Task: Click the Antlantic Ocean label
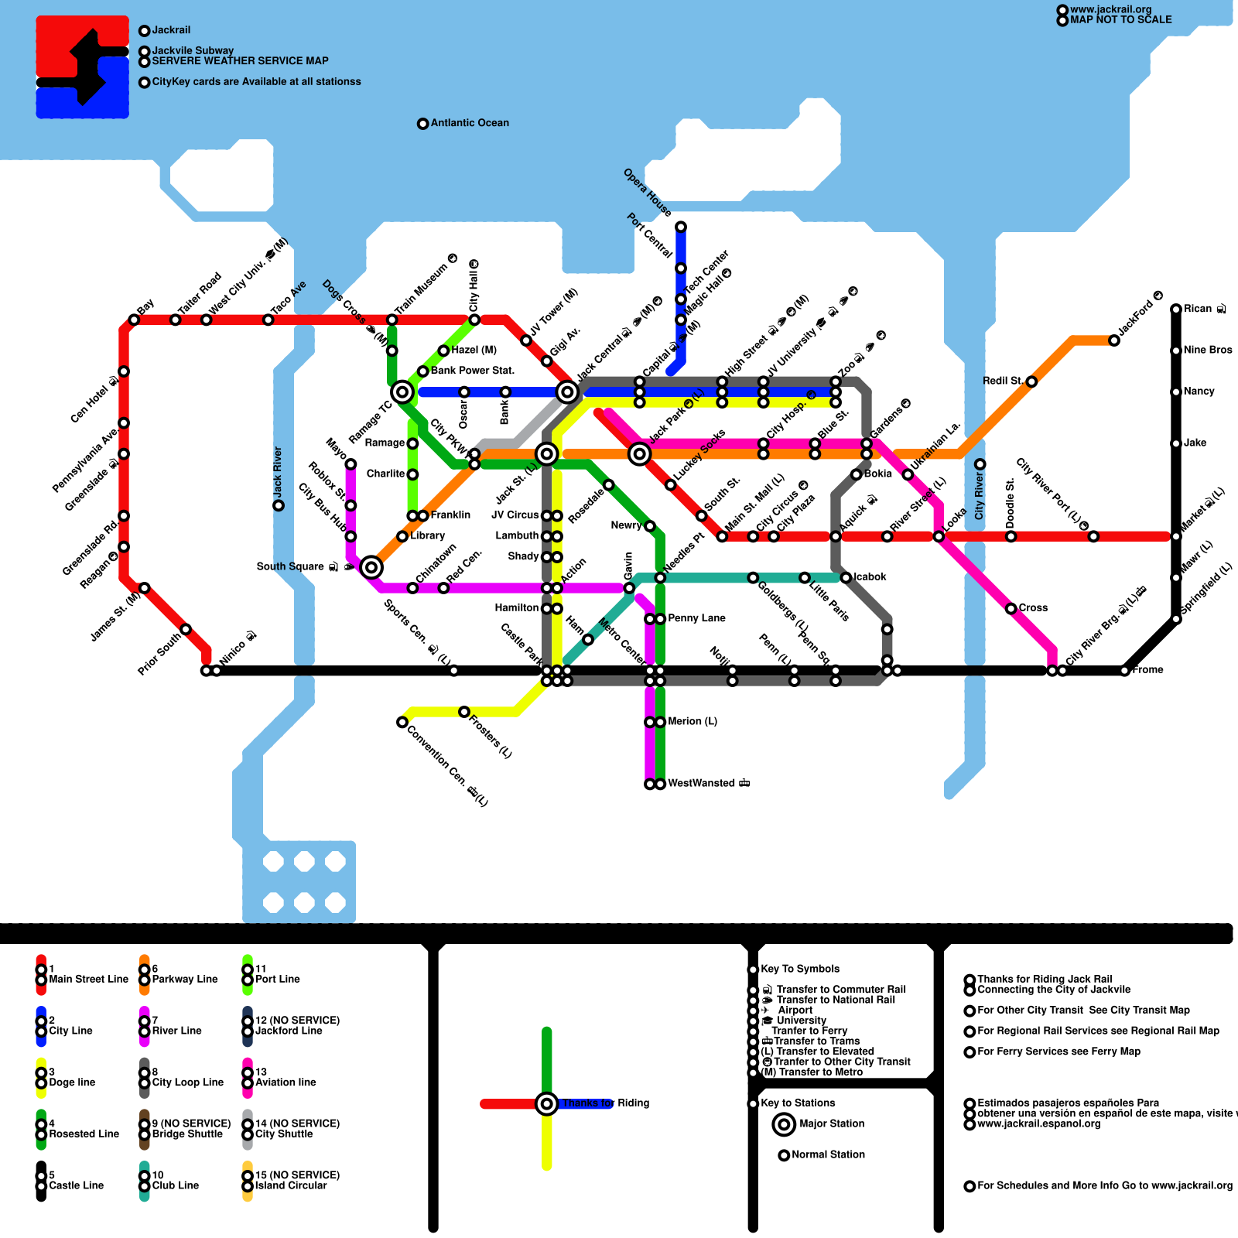coord(470,123)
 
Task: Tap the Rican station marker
coord(1176,309)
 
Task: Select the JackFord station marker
coord(1114,340)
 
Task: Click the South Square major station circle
coord(371,567)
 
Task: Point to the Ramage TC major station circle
coord(402,392)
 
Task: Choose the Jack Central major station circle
coord(567,392)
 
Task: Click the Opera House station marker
coord(681,227)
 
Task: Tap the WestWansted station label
coord(708,784)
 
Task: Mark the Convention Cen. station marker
coord(402,722)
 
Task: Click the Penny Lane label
coord(696,618)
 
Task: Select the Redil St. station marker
coord(1031,381)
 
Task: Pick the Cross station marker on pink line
coord(1011,609)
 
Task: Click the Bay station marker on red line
coord(134,320)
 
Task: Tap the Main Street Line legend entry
coord(88,980)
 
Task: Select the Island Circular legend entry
coord(291,1185)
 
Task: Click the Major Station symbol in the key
coord(784,1124)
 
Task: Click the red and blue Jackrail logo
coord(83,67)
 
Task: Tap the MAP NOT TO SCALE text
coord(1120,20)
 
